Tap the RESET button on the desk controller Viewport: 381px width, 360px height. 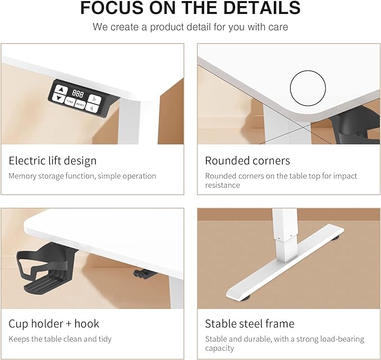click(x=80, y=104)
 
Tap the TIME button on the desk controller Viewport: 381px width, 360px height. click(x=70, y=101)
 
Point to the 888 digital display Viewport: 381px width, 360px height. click(x=77, y=94)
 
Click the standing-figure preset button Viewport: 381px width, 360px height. click(x=94, y=99)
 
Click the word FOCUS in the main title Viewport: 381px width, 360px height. click(x=112, y=8)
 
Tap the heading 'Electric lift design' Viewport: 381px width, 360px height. click(x=53, y=161)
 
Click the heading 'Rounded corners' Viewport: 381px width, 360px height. click(x=247, y=161)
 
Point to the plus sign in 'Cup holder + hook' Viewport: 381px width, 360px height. click(x=69, y=324)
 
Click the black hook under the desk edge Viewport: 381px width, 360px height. click(x=144, y=274)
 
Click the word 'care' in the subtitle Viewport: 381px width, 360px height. click(x=278, y=27)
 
